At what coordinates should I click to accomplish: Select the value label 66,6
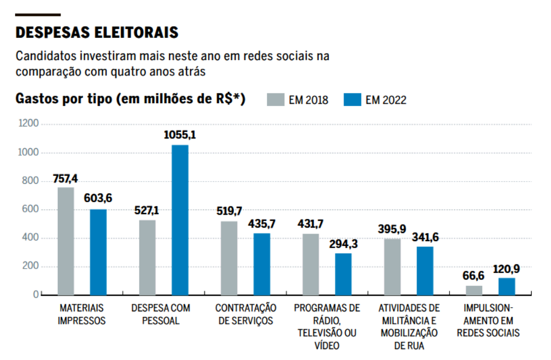[474, 276]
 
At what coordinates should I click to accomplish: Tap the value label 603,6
[98, 199]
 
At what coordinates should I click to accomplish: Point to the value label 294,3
[343, 244]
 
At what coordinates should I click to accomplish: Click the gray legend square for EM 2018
[275, 100]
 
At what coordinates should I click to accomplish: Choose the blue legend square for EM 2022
[352, 100]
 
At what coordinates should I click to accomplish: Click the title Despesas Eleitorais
[97, 32]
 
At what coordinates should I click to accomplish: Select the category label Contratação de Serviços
[245, 314]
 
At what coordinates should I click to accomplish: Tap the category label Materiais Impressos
[82, 314]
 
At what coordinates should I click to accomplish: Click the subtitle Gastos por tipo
[130, 99]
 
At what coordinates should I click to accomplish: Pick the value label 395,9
[392, 229]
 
